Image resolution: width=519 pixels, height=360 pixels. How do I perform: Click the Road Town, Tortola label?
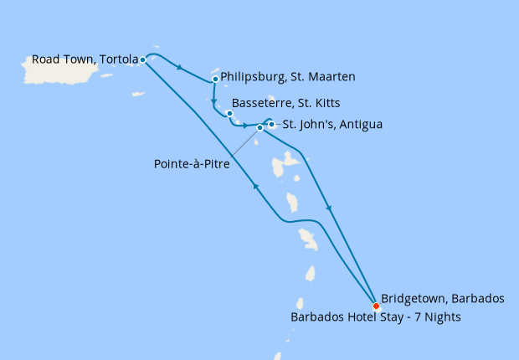click(85, 59)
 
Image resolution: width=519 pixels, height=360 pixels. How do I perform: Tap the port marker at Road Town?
click(143, 59)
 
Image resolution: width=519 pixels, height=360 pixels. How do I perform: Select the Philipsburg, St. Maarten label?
click(288, 77)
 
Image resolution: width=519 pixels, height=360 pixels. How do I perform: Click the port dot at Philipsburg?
click(216, 80)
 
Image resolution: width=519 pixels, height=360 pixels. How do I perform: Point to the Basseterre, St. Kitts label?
click(281, 110)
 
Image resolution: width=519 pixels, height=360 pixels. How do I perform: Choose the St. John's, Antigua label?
click(331, 125)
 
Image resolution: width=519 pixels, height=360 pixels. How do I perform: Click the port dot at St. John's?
click(271, 125)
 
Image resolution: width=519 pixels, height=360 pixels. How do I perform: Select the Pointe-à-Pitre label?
click(191, 164)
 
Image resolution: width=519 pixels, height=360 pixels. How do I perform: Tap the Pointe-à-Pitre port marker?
click(259, 128)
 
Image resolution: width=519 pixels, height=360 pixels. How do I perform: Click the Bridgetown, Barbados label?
click(442, 298)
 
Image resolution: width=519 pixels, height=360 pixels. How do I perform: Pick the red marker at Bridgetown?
click(376, 306)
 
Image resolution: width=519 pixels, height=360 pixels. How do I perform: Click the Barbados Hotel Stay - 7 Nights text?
click(375, 317)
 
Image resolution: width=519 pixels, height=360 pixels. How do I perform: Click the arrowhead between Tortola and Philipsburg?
click(180, 68)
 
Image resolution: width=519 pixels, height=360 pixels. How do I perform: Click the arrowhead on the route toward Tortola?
click(255, 187)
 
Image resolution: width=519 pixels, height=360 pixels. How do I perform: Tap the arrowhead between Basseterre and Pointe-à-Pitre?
click(245, 126)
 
